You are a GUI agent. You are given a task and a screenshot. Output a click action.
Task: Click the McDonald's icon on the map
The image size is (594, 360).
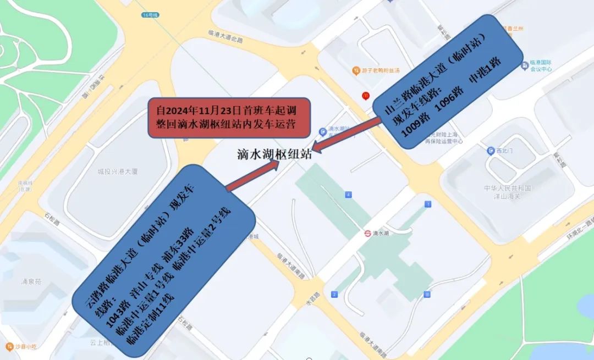click(365, 96)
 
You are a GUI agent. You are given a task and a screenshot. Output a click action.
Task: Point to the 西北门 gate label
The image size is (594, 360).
click(502, 151)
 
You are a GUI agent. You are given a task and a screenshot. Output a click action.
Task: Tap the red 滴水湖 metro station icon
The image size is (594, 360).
click(367, 233)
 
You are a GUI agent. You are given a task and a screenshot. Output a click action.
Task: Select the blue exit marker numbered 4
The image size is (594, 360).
click(348, 195)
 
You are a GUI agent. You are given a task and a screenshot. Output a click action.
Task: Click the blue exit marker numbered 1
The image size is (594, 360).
click(428, 204)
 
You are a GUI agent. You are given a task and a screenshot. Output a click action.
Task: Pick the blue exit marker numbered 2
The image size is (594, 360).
click(334, 295)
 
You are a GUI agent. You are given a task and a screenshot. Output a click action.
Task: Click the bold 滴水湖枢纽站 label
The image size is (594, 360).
click(274, 153)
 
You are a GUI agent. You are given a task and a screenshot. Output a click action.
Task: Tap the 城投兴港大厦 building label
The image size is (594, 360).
click(118, 172)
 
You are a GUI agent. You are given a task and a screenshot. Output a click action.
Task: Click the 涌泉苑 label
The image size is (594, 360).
click(32, 281)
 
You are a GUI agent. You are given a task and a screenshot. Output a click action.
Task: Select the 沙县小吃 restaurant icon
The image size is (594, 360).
click(9, 346)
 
